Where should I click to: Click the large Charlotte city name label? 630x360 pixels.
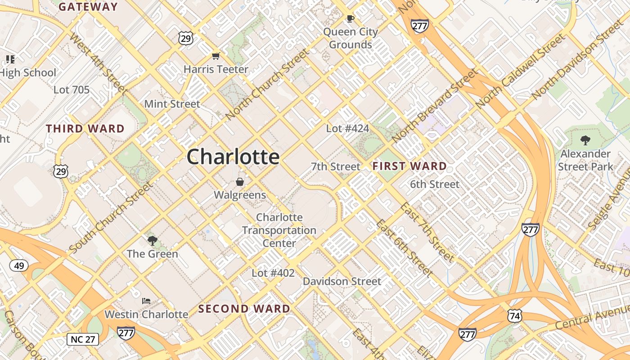point(233,157)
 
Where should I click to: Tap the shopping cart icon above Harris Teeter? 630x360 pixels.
point(216,56)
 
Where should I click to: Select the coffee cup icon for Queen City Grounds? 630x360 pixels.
point(350,19)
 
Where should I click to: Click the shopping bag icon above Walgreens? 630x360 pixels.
point(240,182)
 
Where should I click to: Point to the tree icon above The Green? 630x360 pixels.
point(153,240)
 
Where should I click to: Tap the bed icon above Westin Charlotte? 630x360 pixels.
point(146,301)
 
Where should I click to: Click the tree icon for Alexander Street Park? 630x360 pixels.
point(585,140)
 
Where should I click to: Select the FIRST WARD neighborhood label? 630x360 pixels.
point(409,166)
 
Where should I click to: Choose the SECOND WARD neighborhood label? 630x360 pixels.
point(244,309)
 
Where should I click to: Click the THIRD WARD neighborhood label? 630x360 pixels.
point(85,129)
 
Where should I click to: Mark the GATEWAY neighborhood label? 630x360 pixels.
point(88,7)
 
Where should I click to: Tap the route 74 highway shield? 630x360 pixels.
point(515,315)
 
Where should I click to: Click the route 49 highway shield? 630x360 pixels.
point(19,265)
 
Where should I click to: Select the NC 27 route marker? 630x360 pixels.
point(83,339)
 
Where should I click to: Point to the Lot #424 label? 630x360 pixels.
point(347,129)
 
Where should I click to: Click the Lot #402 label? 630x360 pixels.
point(273,273)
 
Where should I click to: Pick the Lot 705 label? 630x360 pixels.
point(72,90)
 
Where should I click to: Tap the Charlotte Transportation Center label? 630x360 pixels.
point(279,230)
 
